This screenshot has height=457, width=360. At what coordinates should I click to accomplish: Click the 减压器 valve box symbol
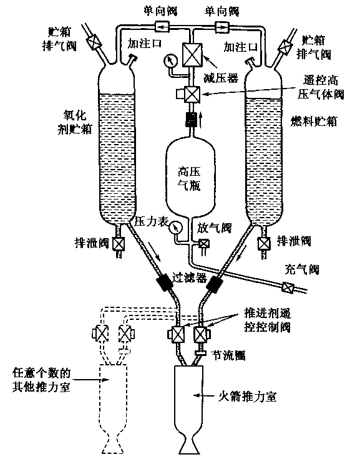click(x=192, y=54)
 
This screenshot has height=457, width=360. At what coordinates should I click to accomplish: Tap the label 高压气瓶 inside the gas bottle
click(x=189, y=179)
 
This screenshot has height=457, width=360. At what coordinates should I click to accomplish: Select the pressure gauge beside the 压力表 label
click(x=176, y=228)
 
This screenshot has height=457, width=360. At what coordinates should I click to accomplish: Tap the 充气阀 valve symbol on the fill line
click(x=288, y=287)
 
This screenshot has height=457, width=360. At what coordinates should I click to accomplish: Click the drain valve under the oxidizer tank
click(x=119, y=244)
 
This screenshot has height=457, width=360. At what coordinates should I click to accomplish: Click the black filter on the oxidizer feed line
click(x=165, y=282)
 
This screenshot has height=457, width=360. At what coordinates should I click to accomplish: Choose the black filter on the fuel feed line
click(x=215, y=284)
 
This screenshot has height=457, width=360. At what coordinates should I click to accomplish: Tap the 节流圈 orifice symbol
click(x=201, y=354)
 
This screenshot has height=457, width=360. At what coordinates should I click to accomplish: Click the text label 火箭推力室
click(x=248, y=397)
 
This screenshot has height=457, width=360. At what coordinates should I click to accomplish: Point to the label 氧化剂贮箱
click(x=74, y=122)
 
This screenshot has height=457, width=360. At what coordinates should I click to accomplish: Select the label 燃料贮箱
click(x=314, y=121)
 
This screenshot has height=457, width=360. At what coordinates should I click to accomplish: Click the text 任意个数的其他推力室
click(x=41, y=380)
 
